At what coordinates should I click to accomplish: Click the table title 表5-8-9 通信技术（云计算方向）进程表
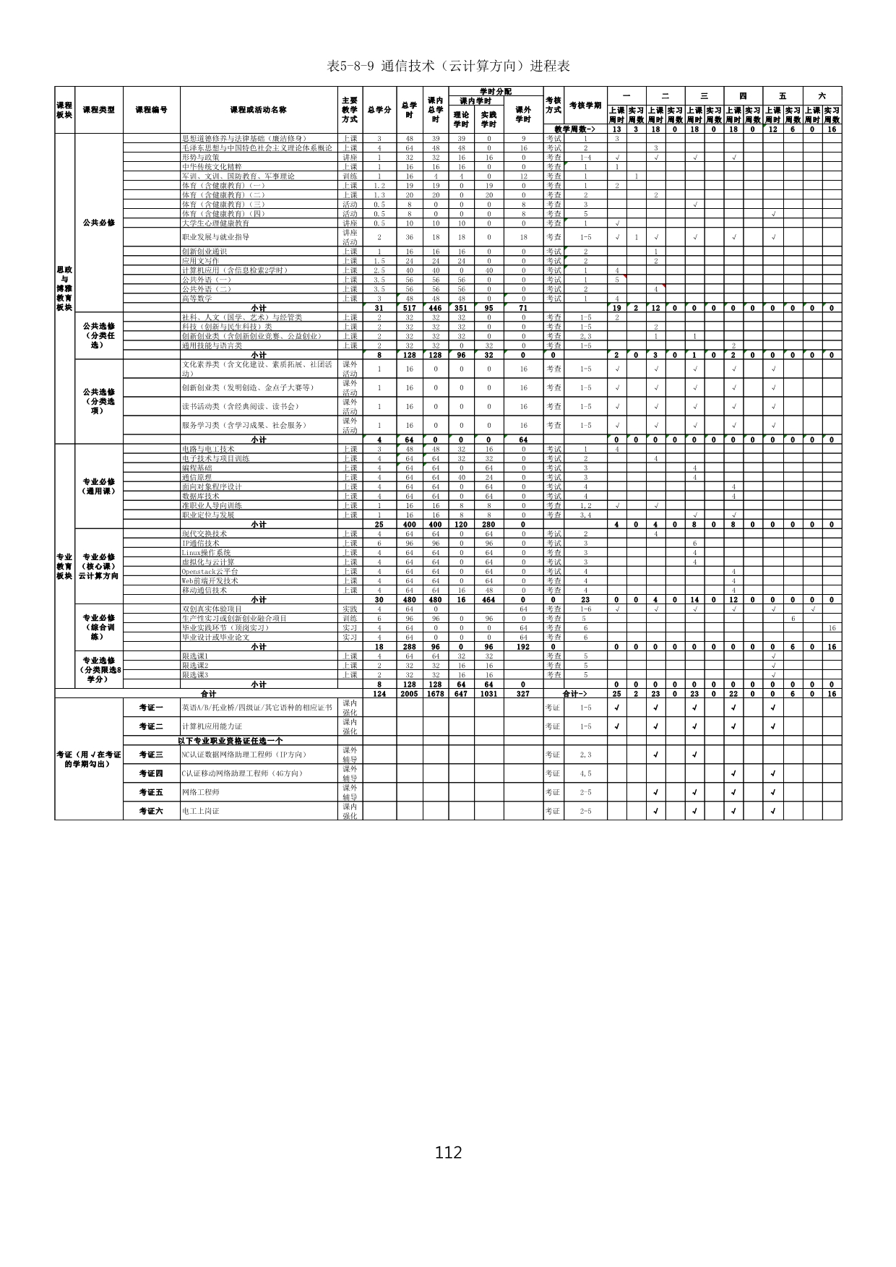(448, 66)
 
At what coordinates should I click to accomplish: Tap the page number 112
(448, 1152)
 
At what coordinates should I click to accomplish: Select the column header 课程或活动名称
(258, 110)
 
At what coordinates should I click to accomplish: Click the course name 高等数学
(197, 299)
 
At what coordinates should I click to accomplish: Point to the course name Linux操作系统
(206, 553)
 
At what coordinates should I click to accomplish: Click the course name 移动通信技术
(204, 590)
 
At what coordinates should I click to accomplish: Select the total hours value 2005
(409, 694)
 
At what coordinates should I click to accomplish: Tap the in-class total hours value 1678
(436, 694)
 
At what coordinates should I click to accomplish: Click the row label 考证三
(151, 755)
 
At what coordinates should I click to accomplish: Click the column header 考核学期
(585, 106)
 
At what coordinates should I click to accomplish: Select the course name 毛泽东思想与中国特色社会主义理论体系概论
(257, 148)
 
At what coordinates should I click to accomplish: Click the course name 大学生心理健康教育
(215, 223)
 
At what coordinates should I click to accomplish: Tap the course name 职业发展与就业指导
(215, 237)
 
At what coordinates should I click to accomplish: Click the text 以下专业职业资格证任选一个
(230, 741)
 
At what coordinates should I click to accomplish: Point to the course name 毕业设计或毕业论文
(215, 637)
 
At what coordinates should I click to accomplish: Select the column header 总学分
(379, 110)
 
